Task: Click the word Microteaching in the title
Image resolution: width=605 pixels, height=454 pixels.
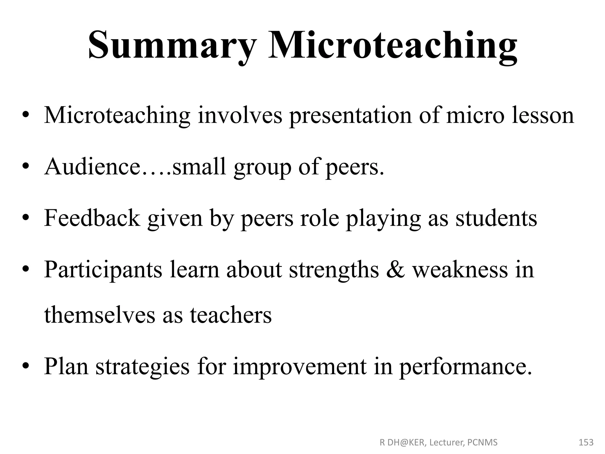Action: [393, 46]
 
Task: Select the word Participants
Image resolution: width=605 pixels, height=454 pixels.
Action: [103, 270]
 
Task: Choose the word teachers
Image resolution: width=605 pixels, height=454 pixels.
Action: [230, 315]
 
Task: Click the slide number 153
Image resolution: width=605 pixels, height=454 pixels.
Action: [586, 442]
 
